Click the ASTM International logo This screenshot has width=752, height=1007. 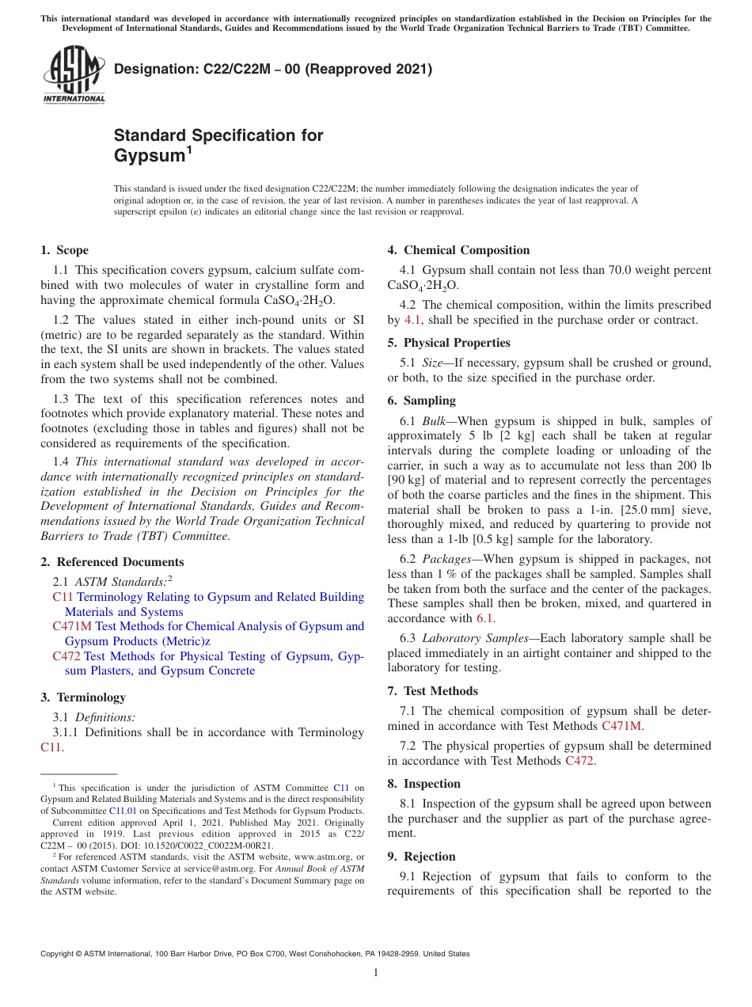[74, 75]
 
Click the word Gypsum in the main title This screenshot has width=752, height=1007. [150, 156]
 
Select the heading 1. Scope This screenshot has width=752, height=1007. [64, 250]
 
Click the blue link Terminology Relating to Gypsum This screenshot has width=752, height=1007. [220, 597]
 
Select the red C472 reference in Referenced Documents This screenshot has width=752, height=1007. [66, 655]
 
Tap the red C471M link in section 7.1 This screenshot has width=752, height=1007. [622, 725]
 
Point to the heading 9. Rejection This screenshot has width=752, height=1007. [421, 857]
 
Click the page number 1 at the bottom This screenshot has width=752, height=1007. [376, 972]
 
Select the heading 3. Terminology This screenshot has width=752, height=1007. [83, 697]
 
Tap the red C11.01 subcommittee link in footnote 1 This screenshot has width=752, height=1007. [123, 811]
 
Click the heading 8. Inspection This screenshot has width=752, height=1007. [423, 784]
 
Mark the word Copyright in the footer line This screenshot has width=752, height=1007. [59, 954]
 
